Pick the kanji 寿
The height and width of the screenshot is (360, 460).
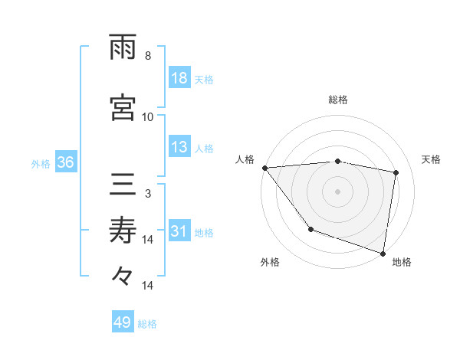[x=123, y=230]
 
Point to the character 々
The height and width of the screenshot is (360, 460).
[x=123, y=274]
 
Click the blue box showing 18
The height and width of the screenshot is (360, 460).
[x=179, y=79]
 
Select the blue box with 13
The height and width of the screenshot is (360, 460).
[x=179, y=148]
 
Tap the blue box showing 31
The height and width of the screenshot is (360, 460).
[x=179, y=232]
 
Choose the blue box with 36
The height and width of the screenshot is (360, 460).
[x=65, y=162]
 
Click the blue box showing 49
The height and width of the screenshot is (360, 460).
[x=123, y=322]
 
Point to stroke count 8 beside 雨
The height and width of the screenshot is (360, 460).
[x=148, y=55]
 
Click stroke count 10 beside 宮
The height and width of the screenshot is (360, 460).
[x=148, y=116]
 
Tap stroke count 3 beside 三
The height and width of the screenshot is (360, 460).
[x=148, y=193]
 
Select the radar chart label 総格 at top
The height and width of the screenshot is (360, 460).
[x=338, y=100]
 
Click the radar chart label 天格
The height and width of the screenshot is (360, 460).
[x=432, y=159]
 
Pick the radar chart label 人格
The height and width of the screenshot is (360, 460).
[x=245, y=159]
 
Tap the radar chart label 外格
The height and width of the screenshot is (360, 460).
[x=270, y=262]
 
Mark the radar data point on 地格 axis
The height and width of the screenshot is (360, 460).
[x=383, y=252]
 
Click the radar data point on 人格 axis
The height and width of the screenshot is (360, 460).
[x=264, y=168]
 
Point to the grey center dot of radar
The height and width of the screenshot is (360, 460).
[x=338, y=191]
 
